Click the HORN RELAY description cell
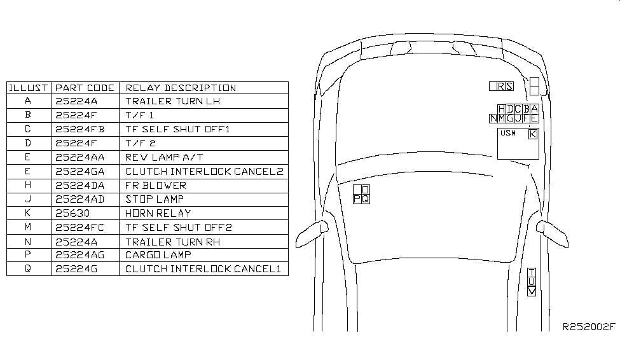(x=158, y=214)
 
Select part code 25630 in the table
(x=72, y=214)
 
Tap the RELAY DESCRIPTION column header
(x=181, y=88)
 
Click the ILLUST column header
(x=29, y=88)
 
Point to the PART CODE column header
(x=85, y=88)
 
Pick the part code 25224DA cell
(x=79, y=186)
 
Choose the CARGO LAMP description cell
(x=158, y=255)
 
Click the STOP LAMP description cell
(x=155, y=199)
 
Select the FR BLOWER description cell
(x=155, y=186)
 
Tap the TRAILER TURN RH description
(x=173, y=242)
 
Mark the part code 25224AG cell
(x=79, y=255)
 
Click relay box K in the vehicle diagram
(x=533, y=134)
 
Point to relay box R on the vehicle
(x=501, y=87)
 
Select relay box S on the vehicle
(x=509, y=87)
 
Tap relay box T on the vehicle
(x=532, y=272)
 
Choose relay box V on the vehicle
(x=532, y=291)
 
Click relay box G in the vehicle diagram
(x=510, y=118)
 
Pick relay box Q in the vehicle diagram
(x=366, y=199)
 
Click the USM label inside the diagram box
(x=508, y=133)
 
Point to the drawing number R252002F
(x=589, y=326)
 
